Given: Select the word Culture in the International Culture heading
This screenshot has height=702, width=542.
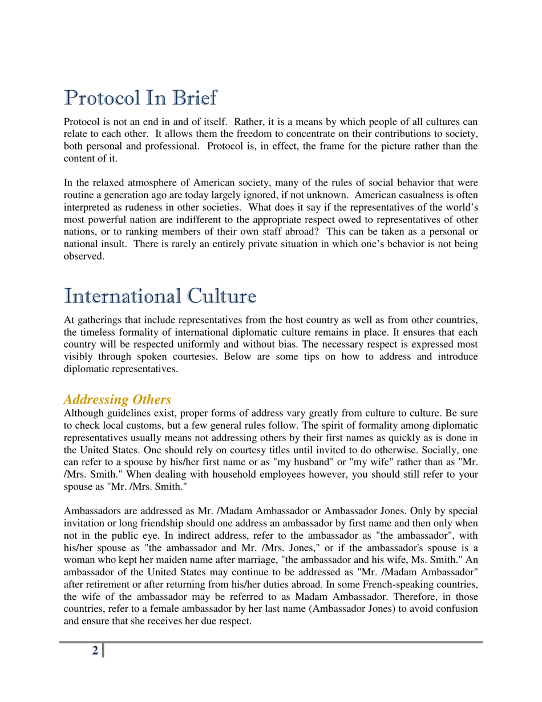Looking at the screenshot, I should tap(216, 296).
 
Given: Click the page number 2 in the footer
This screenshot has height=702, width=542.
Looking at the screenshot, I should tap(95, 651).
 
